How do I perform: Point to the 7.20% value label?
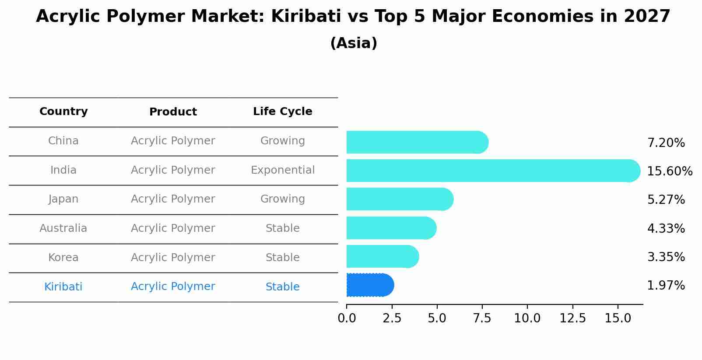coord(666,143)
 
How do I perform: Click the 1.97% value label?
coord(666,286)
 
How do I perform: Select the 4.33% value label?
coord(666,228)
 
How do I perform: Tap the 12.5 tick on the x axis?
coord(572,318)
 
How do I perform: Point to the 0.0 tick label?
coord(347,318)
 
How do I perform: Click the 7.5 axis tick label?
coord(482,318)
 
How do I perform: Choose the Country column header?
coord(63,112)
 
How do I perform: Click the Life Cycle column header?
coord(282,112)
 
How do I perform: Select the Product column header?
coord(173,112)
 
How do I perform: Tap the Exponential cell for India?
coord(282,170)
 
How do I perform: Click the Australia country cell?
coord(63,228)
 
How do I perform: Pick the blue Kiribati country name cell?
coord(63,287)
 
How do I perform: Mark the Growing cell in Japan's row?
coord(282,199)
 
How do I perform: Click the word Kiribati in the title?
coord(305,17)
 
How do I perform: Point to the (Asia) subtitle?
coord(354,43)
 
